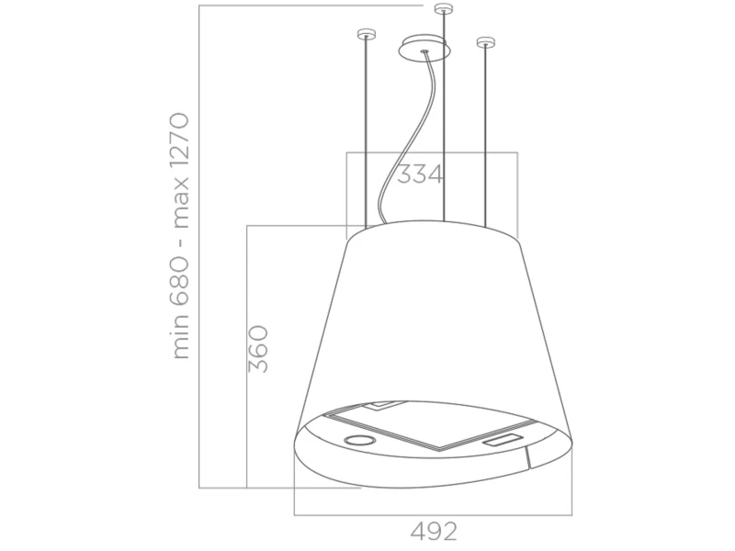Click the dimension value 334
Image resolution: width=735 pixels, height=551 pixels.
420,174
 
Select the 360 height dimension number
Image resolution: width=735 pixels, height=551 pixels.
258,349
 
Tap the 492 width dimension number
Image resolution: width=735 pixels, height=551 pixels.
433,531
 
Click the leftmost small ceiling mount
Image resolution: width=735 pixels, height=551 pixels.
367,34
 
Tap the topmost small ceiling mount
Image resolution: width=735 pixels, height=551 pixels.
443,8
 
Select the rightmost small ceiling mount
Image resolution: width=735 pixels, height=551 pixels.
486,42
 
